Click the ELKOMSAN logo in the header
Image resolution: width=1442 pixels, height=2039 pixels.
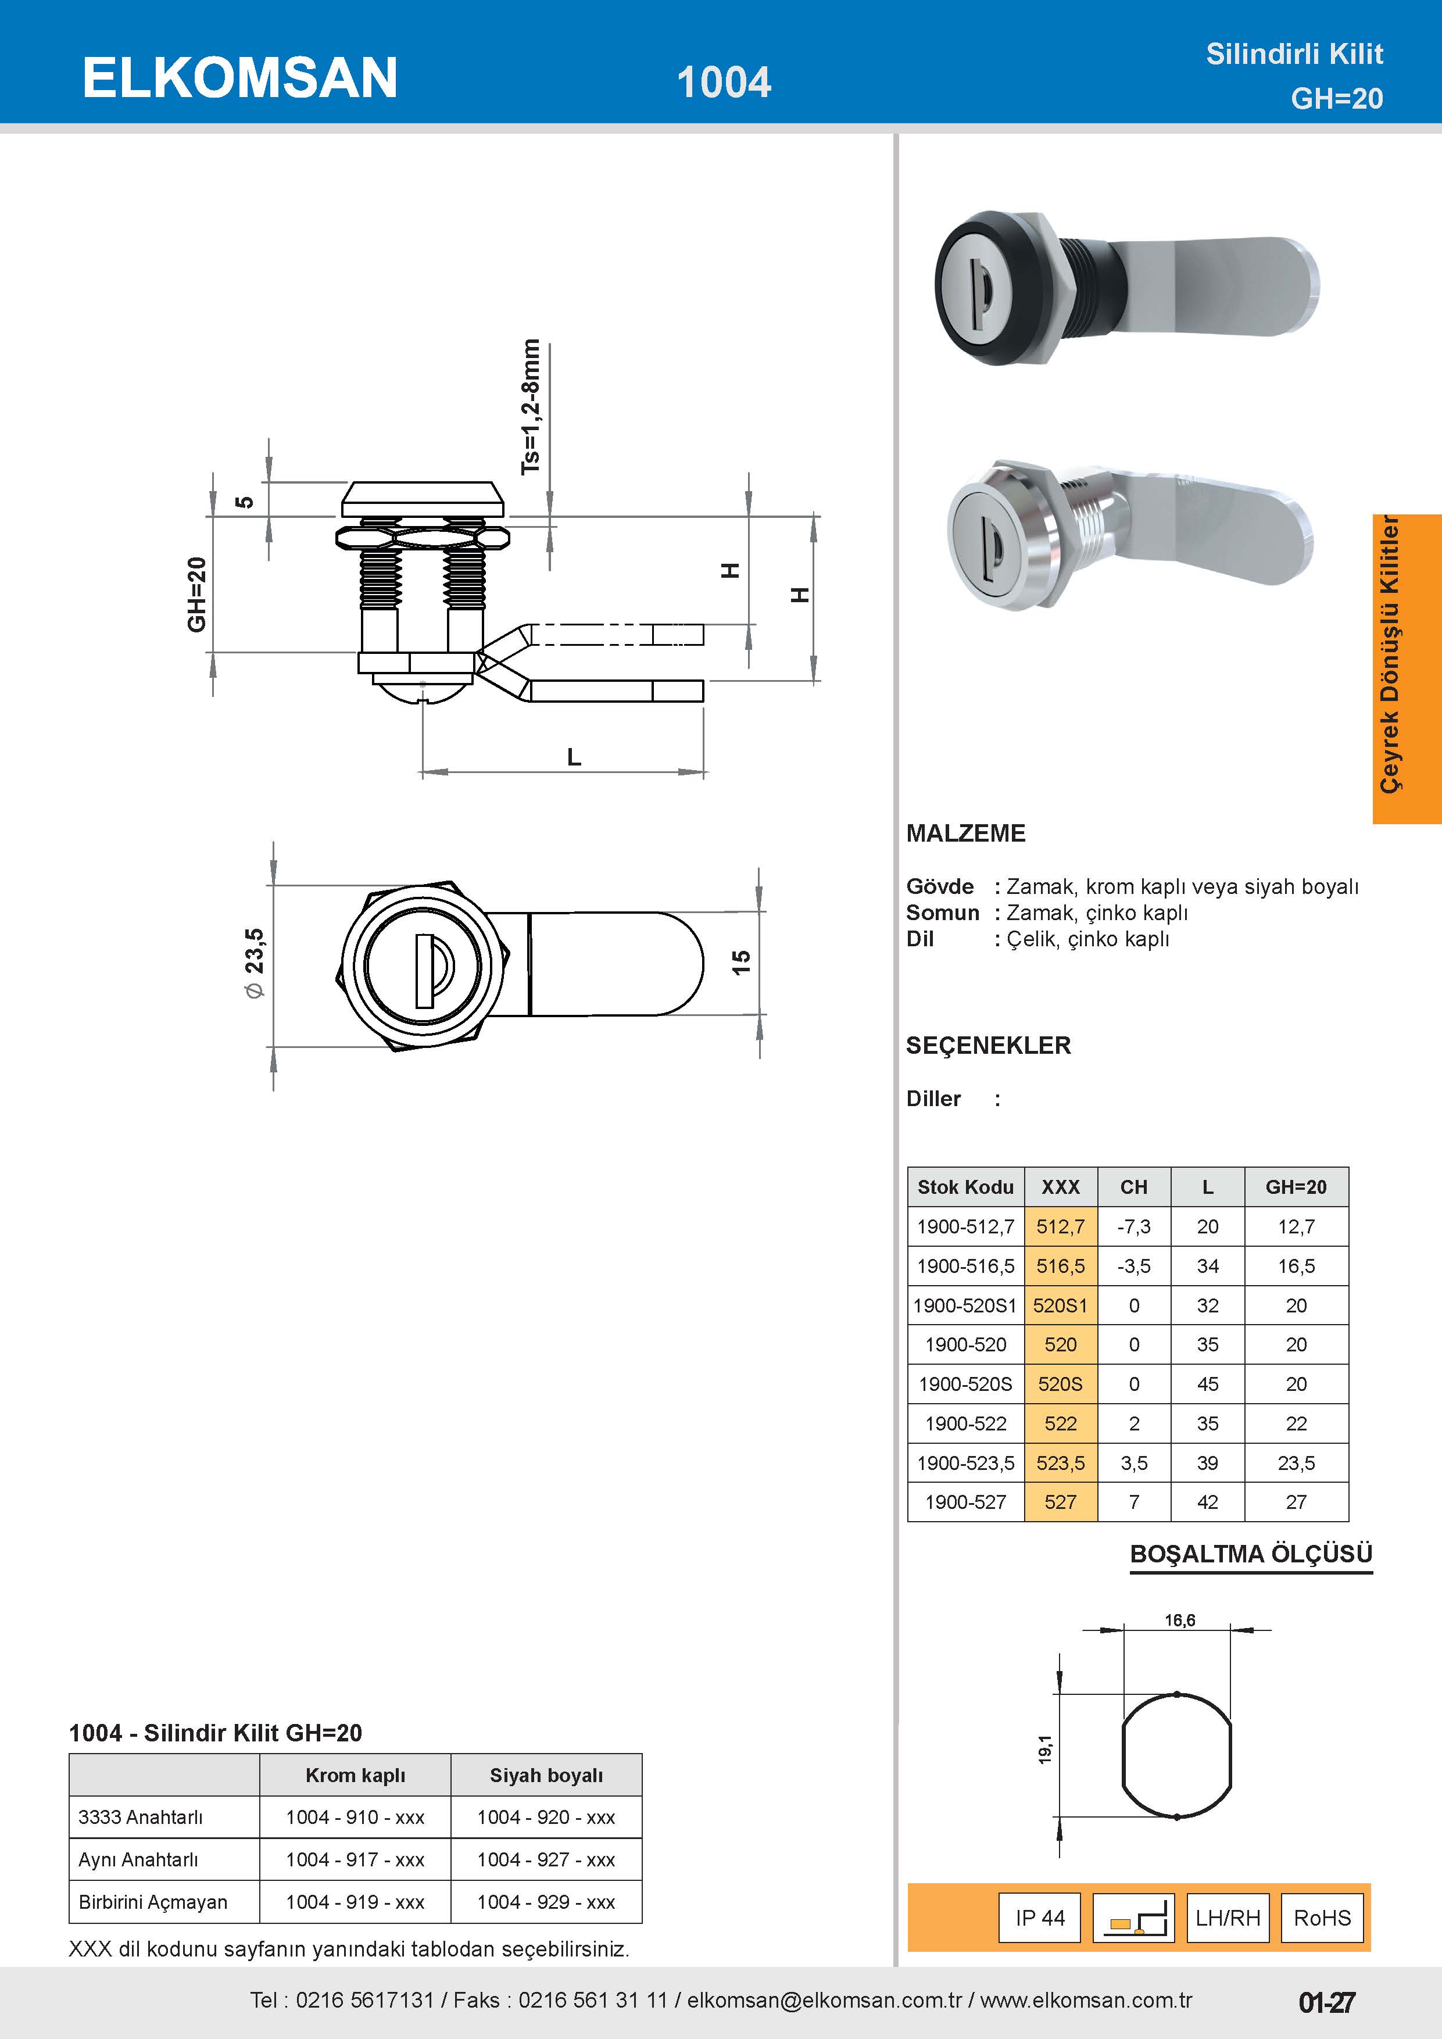239,77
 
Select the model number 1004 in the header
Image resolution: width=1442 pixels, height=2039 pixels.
724,83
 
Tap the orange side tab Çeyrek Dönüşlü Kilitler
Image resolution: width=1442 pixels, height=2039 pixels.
1407,668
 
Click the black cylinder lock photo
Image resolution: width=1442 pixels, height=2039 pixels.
1126,287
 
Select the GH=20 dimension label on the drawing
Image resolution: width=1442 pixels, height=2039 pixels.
196,594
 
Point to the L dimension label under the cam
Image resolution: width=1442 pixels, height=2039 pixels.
574,757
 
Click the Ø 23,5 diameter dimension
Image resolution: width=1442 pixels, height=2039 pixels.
254,964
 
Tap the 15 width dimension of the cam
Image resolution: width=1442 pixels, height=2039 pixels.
740,962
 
